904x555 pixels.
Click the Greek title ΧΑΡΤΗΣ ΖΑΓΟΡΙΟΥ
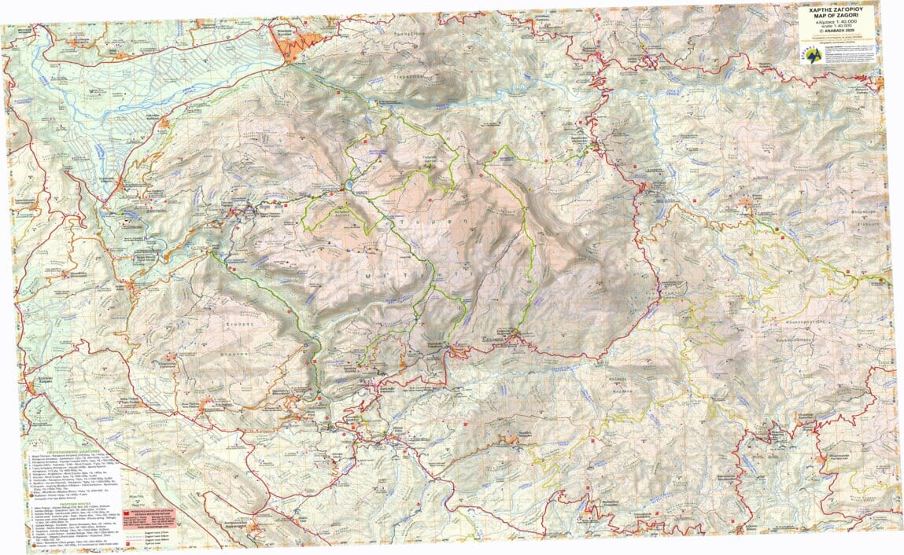pyautogui.click(x=837, y=11)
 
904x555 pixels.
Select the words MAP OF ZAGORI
pyautogui.click(x=837, y=18)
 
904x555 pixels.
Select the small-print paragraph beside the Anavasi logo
pyautogui.click(x=853, y=57)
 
